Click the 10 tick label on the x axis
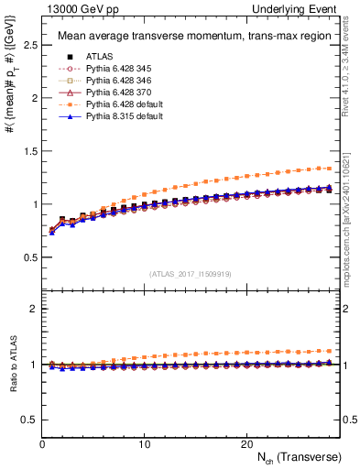tap(144, 444)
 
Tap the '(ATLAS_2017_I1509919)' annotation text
tap(191, 272)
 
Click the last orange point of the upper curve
tap(330, 168)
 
